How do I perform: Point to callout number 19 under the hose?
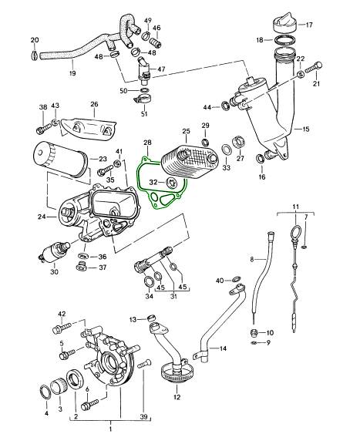tap(72, 73)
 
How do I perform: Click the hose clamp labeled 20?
tap(33, 55)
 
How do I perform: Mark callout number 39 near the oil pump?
tap(143, 416)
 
